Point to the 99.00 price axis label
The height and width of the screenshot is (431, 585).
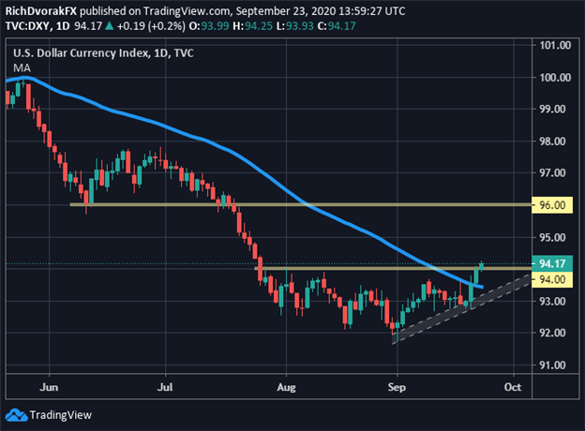(x=557, y=109)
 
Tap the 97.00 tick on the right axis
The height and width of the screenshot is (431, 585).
(x=557, y=173)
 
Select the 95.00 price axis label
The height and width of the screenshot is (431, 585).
(x=557, y=238)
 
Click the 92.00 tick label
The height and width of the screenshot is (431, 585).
(x=557, y=334)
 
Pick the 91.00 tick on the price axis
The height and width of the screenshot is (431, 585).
(x=557, y=365)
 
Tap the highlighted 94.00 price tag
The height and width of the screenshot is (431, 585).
(x=557, y=280)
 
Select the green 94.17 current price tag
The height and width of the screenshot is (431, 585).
(x=557, y=264)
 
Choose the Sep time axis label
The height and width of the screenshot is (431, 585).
(x=398, y=385)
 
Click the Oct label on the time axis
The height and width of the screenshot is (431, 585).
(x=512, y=385)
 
